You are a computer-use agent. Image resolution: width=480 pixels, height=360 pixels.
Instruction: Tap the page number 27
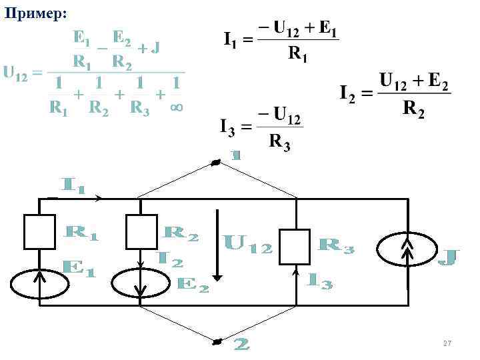click(447, 343)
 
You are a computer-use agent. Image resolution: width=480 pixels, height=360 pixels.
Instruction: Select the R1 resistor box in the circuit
click(39, 231)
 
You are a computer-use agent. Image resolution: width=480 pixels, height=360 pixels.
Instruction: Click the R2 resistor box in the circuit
click(141, 231)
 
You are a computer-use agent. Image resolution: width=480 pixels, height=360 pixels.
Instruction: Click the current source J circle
click(407, 251)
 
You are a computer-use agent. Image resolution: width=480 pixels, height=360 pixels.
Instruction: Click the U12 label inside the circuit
click(247, 244)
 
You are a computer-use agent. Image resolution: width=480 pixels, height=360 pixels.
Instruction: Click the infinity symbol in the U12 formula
click(177, 106)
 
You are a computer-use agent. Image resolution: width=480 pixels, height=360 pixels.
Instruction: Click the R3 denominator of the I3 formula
click(279, 142)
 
